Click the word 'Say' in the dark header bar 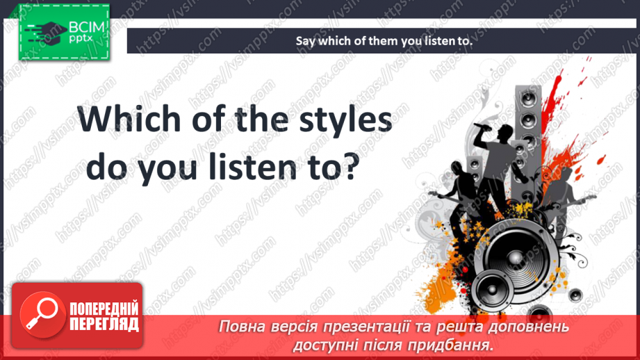point(306,41)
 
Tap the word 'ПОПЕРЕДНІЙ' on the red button point(104,308)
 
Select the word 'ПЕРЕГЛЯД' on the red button point(104,323)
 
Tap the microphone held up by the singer point(481,126)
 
